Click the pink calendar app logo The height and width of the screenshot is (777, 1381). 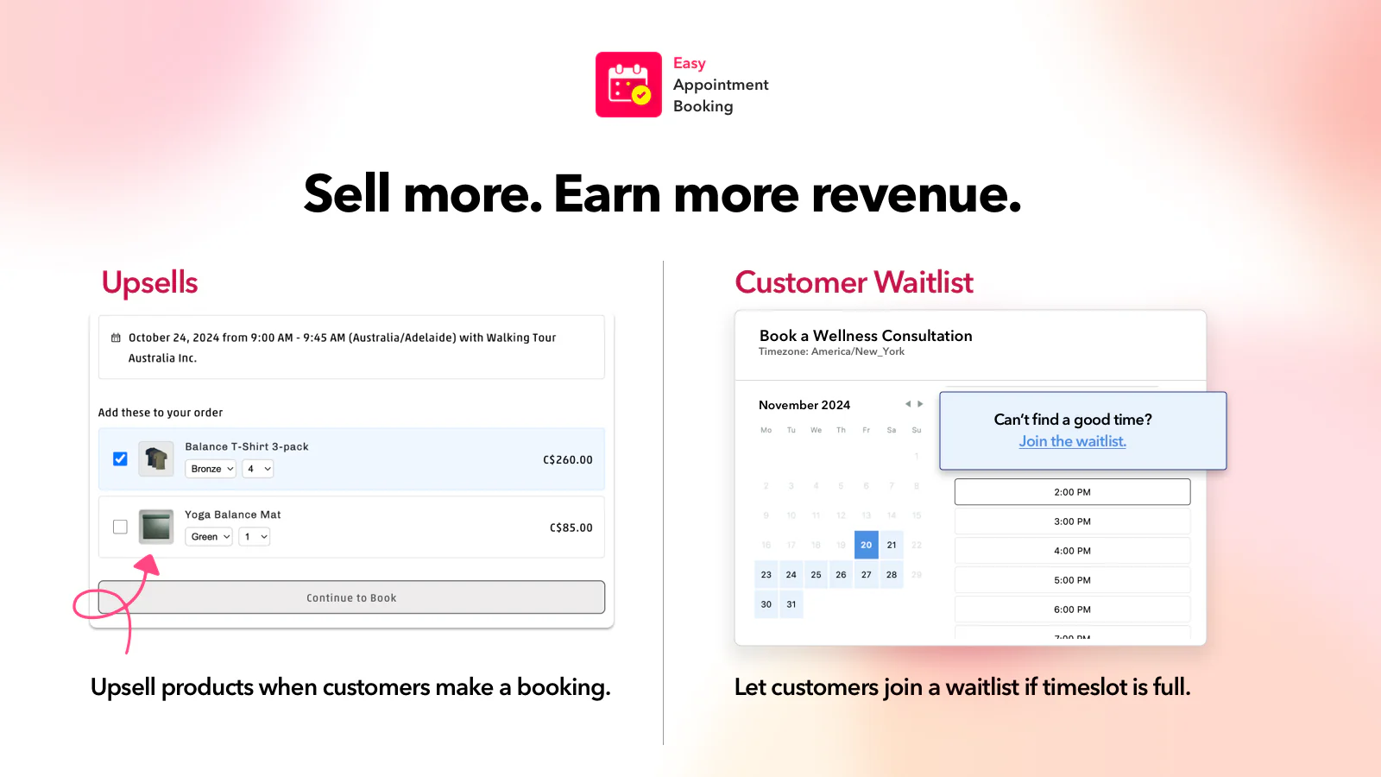(x=628, y=85)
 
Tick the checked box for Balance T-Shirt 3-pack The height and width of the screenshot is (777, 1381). (x=120, y=459)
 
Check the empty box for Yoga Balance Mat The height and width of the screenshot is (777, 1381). (x=120, y=527)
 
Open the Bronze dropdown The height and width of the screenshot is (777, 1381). (x=211, y=469)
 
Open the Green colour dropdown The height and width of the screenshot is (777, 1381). (x=210, y=537)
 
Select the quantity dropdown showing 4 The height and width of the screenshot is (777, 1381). (x=258, y=469)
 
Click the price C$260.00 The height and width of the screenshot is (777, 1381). (x=567, y=460)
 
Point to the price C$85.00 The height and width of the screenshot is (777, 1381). (x=571, y=527)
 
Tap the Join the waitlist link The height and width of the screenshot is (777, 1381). (x=1072, y=441)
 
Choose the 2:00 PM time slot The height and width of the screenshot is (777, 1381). (x=1072, y=492)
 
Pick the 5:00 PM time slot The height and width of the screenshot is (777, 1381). (x=1072, y=580)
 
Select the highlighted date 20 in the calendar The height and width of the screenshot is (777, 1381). (x=866, y=545)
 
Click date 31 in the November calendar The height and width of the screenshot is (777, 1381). (x=791, y=604)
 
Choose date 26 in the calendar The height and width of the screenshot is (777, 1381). (x=841, y=575)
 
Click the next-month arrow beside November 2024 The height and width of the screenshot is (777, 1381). (x=920, y=404)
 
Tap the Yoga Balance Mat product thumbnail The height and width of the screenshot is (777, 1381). (x=156, y=527)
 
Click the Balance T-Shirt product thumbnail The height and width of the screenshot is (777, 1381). (x=156, y=458)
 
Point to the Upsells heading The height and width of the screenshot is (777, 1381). (x=149, y=282)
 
